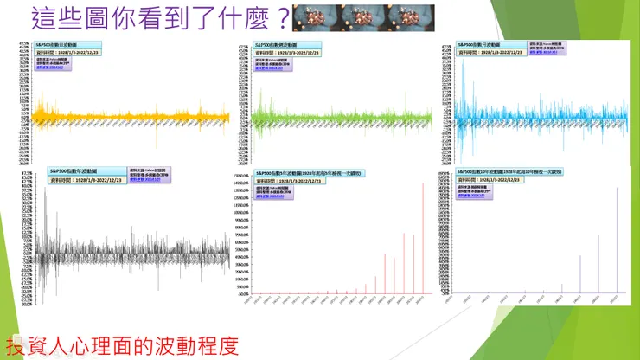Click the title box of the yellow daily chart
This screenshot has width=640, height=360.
coord(68,44)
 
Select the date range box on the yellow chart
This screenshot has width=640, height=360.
coord(68,53)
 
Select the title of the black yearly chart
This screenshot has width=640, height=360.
coord(86,170)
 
